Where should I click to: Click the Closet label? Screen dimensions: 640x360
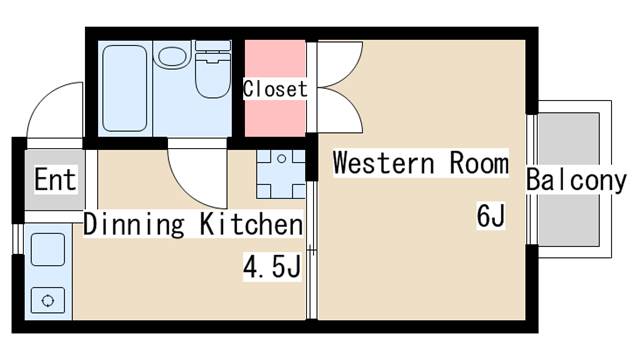click(x=275, y=89)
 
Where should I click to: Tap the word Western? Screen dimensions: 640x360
click(x=384, y=162)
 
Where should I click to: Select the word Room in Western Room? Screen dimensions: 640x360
click(x=479, y=162)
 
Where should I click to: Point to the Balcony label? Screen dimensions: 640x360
click(x=576, y=180)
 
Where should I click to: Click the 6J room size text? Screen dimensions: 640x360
click(x=491, y=215)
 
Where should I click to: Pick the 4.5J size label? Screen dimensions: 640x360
click(x=272, y=267)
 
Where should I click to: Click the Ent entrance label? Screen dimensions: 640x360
click(x=55, y=179)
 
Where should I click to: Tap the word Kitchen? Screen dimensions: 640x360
click(x=251, y=224)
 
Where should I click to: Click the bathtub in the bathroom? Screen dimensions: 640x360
click(x=124, y=88)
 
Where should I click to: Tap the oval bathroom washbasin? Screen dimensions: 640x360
click(x=171, y=56)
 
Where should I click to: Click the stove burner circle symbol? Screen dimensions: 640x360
click(x=48, y=301)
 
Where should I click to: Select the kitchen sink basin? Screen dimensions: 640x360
click(x=48, y=249)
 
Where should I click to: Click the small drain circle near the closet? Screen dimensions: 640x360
click(x=281, y=159)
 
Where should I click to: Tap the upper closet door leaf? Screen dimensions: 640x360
click(x=340, y=64)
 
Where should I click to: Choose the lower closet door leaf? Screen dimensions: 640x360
click(x=340, y=109)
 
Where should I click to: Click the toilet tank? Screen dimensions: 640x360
click(x=213, y=46)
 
